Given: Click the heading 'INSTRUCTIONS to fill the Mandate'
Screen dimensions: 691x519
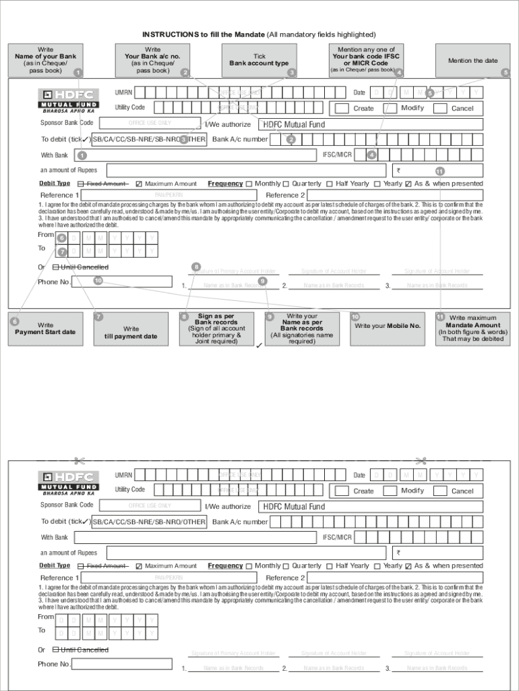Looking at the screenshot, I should point(259,34).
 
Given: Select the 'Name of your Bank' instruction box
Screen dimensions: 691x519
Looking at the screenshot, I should point(46,60).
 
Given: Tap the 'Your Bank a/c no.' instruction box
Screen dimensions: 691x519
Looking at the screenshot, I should point(153,60).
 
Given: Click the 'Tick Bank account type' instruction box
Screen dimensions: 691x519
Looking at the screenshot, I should point(259,60).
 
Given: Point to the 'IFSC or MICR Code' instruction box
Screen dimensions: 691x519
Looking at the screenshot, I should point(366,60).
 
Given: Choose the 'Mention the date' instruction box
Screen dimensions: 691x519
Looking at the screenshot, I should point(472,60).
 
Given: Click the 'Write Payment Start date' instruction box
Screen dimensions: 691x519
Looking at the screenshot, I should point(46,329).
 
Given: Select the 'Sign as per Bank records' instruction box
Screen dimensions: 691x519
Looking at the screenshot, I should point(216,329).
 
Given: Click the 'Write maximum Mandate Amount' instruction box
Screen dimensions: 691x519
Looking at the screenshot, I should point(472,329).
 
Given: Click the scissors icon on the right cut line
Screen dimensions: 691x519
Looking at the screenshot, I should point(422,462).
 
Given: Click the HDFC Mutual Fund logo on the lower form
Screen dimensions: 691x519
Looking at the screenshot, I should point(69,483).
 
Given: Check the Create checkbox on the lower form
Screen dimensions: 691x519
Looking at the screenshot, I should point(342,491).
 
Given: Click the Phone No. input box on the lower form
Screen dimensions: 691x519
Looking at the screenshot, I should point(121,664).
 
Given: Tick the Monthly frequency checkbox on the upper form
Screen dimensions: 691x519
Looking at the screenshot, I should point(249,184).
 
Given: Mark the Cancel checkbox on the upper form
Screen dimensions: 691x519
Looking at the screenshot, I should point(440,108).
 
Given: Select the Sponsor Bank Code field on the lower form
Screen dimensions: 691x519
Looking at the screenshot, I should point(150,505).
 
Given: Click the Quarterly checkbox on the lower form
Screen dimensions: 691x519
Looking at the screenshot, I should point(286,566).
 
